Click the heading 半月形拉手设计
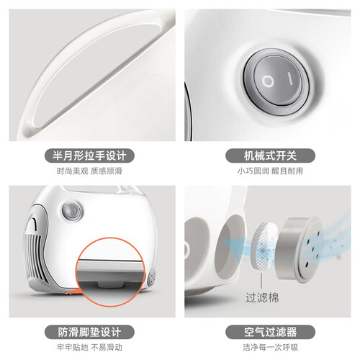pyautogui.click(x=89, y=156)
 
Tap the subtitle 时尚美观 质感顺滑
pyautogui.click(x=89, y=171)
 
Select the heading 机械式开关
pyautogui.click(x=270, y=156)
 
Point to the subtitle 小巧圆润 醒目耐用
pyautogui.click(x=270, y=171)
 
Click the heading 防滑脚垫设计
pyautogui.click(x=89, y=332)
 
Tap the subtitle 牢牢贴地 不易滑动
pyautogui.click(x=89, y=347)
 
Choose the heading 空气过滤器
pyautogui.click(x=270, y=332)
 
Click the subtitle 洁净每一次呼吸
pyautogui.click(x=270, y=347)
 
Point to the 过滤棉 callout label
pyautogui.click(x=262, y=298)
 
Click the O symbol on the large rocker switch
pyautogui.click(x=268, y=81)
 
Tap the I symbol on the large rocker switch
pyautogui.click(x=290, y=78)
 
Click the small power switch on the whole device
pyautogui.click(x=71, y=211)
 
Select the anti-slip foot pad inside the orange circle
pyautogui.click(x=111, y=284)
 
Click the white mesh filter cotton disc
pyautogui.click(x=264, y=247)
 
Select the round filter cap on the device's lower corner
pyautogui.click(x=151, y=277)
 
